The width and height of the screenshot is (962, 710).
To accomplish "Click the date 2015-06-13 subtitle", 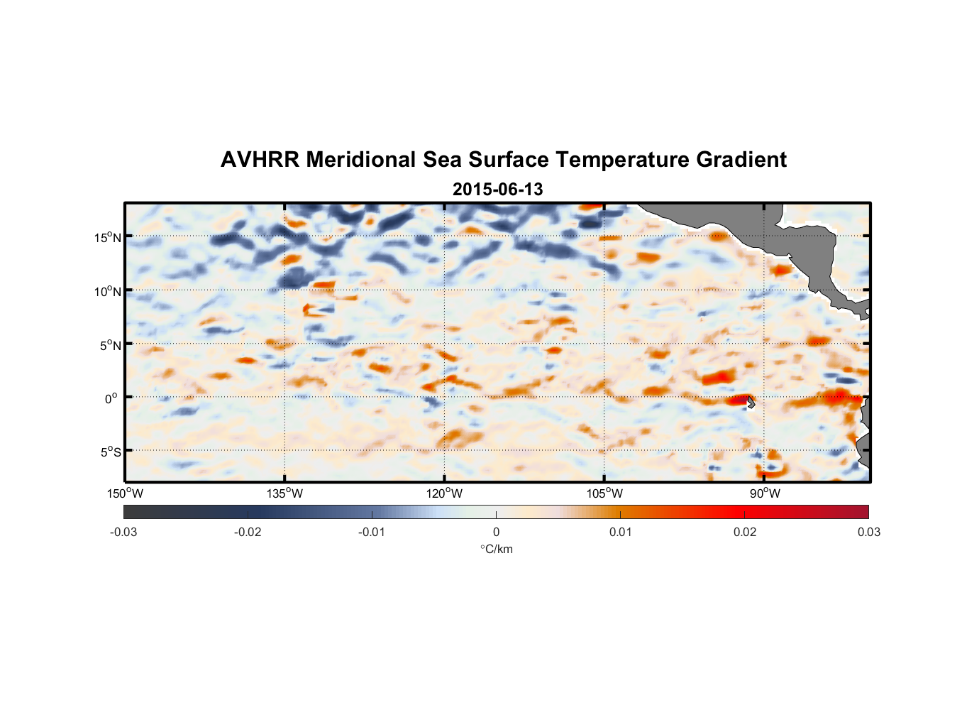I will click(x=497, y=190).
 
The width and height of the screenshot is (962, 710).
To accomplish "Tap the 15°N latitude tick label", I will click(x=108, y=237).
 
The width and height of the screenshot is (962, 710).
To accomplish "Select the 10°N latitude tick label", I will click(x=108, y=291).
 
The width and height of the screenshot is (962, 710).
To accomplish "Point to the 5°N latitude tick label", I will click(x=110, y=345).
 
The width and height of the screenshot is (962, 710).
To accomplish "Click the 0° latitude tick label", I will click(x=111, y=398).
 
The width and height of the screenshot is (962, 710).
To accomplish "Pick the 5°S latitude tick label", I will click(x=110, y=452).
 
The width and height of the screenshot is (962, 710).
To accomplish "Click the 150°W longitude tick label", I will click(x=126, y=493).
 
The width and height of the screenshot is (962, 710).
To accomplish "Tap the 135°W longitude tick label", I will click(x=285, y=493).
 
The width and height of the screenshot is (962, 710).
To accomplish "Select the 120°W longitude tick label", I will click(x=445, y=493).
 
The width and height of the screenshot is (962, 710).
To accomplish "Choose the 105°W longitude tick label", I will click(x=604, y=493).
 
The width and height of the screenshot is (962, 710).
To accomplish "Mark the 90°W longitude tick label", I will click(x=765, y=493).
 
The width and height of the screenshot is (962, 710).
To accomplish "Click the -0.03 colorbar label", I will click(x=123, y=532).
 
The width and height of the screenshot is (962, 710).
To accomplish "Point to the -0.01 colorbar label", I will click(x=372, y=532).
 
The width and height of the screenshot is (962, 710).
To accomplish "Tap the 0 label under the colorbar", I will click(x=496, y=532).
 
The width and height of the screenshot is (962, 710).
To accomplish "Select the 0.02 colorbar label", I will click(x=745, y=532).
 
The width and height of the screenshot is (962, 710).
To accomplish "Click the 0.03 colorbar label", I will click(x=868, y=532).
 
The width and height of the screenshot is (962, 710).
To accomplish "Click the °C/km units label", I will click(x=497, y=549).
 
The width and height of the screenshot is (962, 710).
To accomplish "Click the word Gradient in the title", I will click(x=741, y=160).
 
